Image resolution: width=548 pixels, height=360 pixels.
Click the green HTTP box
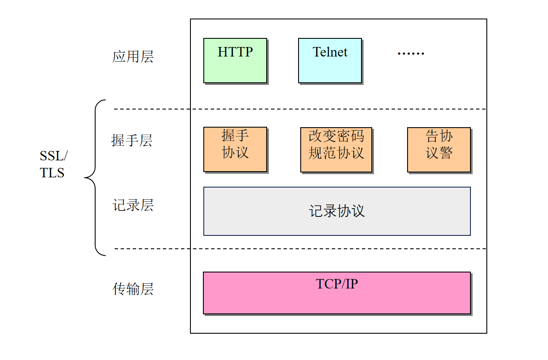click(x=235, y=60)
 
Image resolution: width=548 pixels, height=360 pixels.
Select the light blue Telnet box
click(x=330, y=60)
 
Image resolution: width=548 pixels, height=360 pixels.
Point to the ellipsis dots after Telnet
click(x=411, y=53)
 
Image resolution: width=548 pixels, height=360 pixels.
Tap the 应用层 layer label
click(x=133, y=56)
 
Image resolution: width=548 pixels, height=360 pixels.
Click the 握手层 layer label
click(x=132, y=141)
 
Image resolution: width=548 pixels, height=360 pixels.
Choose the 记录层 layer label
click(x=133, y=205)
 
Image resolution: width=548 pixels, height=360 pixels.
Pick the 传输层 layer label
click(x=133, y=289)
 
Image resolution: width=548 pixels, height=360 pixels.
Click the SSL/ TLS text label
click(x=53, y=164)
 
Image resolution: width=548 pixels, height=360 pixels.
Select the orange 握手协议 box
click(x=235, y=149)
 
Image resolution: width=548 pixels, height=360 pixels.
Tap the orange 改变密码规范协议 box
click(x=336, y=150)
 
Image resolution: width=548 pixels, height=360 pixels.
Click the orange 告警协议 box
click(x=439, y=150)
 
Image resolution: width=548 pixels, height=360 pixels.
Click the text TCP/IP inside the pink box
click(x=337, y=284)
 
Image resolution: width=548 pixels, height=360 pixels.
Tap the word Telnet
click(x=330, y=52)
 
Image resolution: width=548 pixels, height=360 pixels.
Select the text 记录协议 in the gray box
click(x=337, y=211)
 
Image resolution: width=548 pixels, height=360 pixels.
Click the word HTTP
click(x=235, y=52)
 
